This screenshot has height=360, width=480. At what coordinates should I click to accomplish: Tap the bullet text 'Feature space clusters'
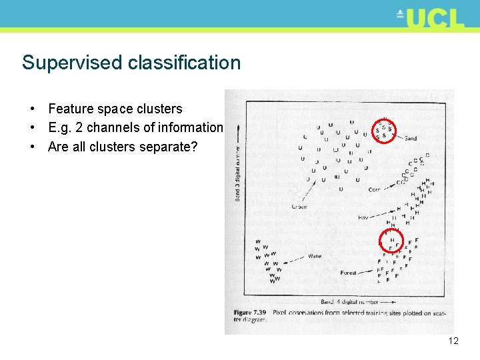pyautogui.click(x=115, y=109)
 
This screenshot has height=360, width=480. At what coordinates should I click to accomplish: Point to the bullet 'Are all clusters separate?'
pyautogui.click(x=123, y=146)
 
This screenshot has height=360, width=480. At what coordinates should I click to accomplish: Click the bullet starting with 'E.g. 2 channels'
pyautogui.click(x=135, y=127)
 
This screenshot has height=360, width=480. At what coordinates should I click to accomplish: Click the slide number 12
pyautogui.click(x=453, y=341)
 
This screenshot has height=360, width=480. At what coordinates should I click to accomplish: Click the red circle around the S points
pyautogui.click(x=384, y=131)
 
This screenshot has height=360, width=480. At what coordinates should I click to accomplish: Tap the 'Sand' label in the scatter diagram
pyautogui.click(x=410, y=139)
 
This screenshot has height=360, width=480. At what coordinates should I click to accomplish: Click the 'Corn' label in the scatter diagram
pyautogui.click(x=375, y=190)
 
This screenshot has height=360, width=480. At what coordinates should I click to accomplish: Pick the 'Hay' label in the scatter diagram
pyautogui.click(x=363, y=217)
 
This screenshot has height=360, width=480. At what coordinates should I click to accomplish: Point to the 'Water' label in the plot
pyautogui.click(x=315, y=256)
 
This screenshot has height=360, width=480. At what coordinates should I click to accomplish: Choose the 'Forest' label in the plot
pyautogui.click(x=348, y=273)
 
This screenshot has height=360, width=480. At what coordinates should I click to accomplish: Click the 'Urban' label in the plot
pyautogui.click(x=299, y=207)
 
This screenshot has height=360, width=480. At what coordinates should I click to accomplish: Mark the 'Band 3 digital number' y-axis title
pyautogui.click(x=237, y=167)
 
